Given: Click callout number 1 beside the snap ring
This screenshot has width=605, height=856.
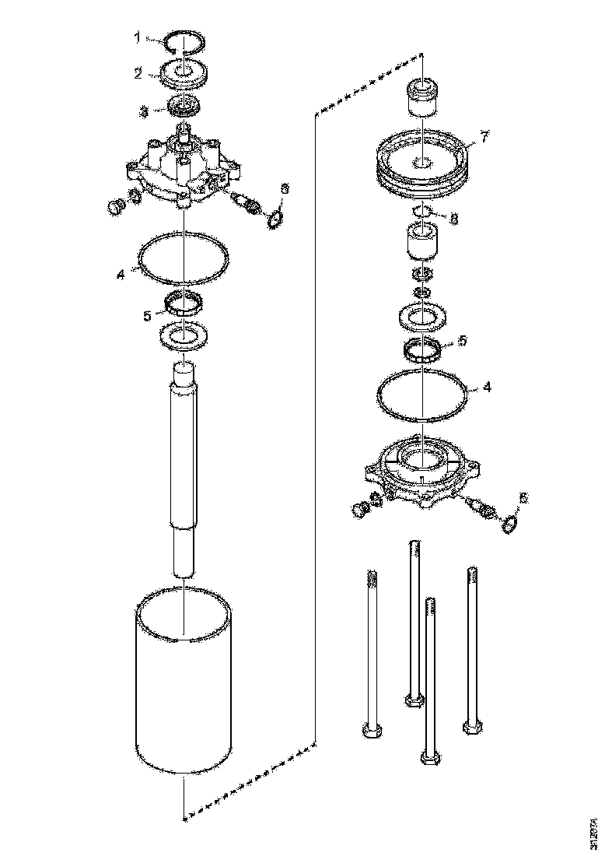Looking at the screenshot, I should coord(138,36).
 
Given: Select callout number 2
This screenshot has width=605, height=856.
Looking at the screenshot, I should coord(138,74).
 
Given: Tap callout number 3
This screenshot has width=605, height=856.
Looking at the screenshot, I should coord(143,111).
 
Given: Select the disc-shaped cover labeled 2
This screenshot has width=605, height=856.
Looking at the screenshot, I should coord(184,75).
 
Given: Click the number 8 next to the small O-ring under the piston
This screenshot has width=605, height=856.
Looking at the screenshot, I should coord(454,219).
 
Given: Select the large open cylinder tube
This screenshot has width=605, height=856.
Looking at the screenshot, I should coord(184,685).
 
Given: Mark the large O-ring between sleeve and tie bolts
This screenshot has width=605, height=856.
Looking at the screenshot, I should coord(423,394).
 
